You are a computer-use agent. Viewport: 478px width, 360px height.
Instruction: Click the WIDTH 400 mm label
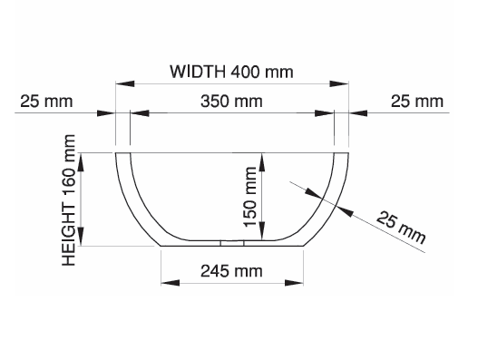(231, 72)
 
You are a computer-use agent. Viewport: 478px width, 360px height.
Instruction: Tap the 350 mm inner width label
(231, 102)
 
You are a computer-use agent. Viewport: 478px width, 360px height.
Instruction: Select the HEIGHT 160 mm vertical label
(69, 200)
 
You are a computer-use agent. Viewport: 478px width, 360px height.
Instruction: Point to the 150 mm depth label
(250, 197)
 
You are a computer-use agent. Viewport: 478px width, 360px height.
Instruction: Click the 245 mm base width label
(231, 271)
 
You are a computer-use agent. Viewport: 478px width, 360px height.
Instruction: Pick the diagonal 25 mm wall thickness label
(401, 228)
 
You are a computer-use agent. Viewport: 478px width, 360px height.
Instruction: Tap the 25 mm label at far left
(46, 102)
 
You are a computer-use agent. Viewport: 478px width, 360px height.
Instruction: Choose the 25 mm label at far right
(417, 102)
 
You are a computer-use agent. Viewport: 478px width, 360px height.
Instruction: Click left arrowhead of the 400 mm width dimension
(125, 83)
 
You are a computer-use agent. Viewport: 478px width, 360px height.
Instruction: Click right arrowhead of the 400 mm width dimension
(339, 83)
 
